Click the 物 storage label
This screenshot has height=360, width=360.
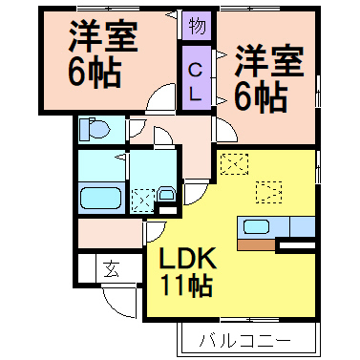[195, 25]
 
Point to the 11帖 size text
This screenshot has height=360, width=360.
[185, 284]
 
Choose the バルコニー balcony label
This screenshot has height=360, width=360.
[244, 339]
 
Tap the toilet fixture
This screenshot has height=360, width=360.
[94, 127]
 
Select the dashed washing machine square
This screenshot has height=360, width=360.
[142, 200]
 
